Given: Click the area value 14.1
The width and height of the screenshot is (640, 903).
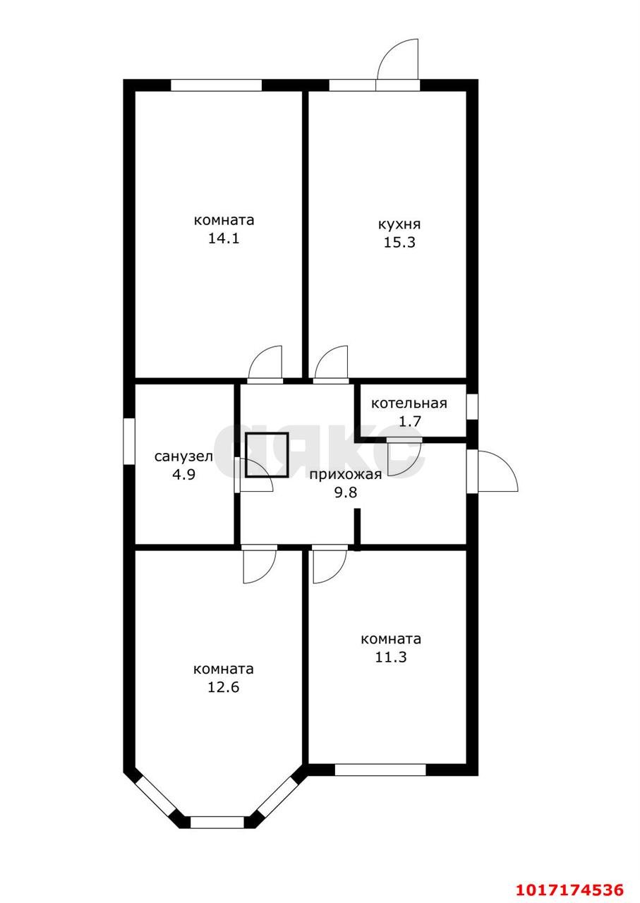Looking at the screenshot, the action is tap(224, 238).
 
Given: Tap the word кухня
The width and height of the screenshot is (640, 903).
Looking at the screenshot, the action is tap(399, 224).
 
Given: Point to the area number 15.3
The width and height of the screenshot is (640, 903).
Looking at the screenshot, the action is tap(399, 243).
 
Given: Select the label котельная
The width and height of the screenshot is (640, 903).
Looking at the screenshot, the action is tap(409, 404).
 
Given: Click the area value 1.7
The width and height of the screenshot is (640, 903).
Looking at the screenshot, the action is tap(410, 421).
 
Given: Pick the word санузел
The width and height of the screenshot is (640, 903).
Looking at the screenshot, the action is tap(183, 456).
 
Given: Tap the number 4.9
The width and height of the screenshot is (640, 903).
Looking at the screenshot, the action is tap(184, 475).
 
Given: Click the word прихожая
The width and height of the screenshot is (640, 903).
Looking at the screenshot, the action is tap(346, 475).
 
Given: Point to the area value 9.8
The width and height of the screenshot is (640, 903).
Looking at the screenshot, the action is tap(346, 492).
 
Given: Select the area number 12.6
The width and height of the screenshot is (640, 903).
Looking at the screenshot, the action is tap(224, 687).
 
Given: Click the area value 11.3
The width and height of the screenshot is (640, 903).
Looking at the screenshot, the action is tap(391, 657).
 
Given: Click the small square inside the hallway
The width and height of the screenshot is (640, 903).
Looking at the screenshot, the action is tap(267, 455).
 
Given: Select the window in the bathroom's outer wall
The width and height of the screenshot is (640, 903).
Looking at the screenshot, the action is tap(128, 441).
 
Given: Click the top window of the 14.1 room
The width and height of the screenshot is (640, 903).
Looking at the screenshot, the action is tap(217, 85).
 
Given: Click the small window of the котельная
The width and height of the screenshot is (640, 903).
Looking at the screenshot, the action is tap(472, 407).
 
